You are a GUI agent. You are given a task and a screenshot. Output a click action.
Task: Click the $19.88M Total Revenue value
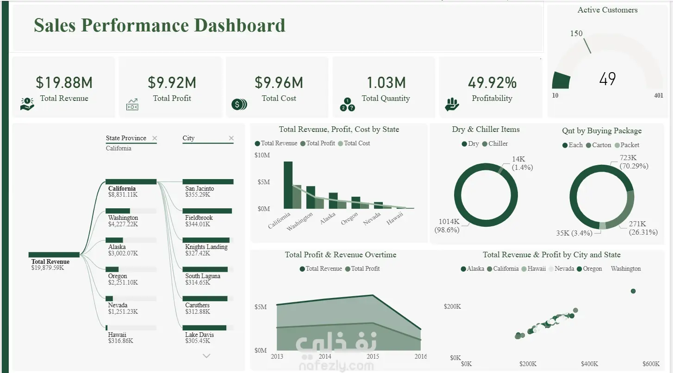(64, 82)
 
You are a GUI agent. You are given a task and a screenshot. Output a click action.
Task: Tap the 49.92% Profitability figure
(492, 82)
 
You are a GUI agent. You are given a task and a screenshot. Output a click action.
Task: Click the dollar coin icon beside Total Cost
(239, 104)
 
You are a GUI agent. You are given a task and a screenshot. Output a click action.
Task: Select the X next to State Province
(155, 138)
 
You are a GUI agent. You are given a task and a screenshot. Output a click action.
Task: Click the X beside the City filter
(231, 138)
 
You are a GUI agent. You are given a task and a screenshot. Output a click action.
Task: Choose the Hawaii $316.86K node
(120, 337)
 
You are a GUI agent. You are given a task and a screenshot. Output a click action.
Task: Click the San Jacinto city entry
(199, 191)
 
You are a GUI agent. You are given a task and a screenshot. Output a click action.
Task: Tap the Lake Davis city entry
(199, 337)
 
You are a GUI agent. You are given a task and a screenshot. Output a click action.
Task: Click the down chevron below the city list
(206, 356)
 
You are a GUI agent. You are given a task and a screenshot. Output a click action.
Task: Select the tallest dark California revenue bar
(288, 185)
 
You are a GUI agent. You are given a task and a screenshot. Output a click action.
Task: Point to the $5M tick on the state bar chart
(263, 182)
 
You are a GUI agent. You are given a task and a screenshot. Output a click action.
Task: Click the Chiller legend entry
(495, 143)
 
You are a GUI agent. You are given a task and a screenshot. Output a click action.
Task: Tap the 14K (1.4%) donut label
(522, 163)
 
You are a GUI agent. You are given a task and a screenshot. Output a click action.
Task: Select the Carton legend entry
(598, 145)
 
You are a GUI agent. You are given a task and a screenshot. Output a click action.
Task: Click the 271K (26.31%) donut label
(643, 228)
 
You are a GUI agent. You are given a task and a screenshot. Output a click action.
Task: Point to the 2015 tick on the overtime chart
(373, 356)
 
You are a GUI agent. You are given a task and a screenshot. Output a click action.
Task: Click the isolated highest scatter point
(633, 291)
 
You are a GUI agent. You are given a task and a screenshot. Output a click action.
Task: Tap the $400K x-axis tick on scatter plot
(589, 364)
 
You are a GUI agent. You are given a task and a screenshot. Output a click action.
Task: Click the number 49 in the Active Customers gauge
(607, 79)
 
